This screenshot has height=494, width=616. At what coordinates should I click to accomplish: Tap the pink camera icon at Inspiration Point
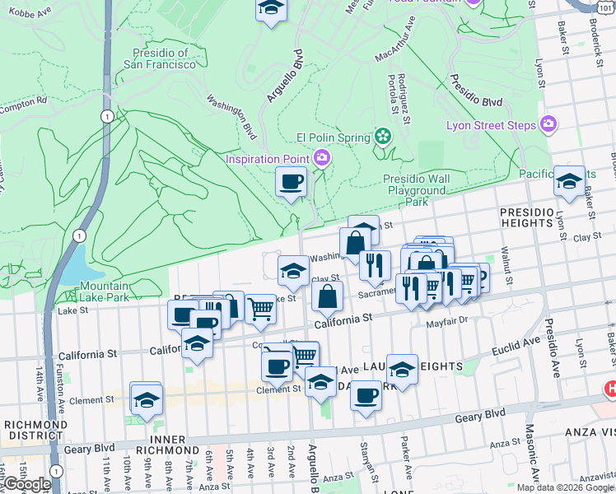pos(323,157)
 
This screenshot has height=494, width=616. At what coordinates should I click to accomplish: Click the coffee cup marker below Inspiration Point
pos(291,182)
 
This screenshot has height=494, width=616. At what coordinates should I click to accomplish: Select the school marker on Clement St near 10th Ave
pos(146,398)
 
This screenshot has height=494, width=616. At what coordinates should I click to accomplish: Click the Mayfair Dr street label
pos(446,323)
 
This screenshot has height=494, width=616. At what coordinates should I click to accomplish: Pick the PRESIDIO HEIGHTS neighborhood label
pos(537,217)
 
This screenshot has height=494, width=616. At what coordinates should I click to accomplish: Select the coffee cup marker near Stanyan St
pos(365,395)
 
